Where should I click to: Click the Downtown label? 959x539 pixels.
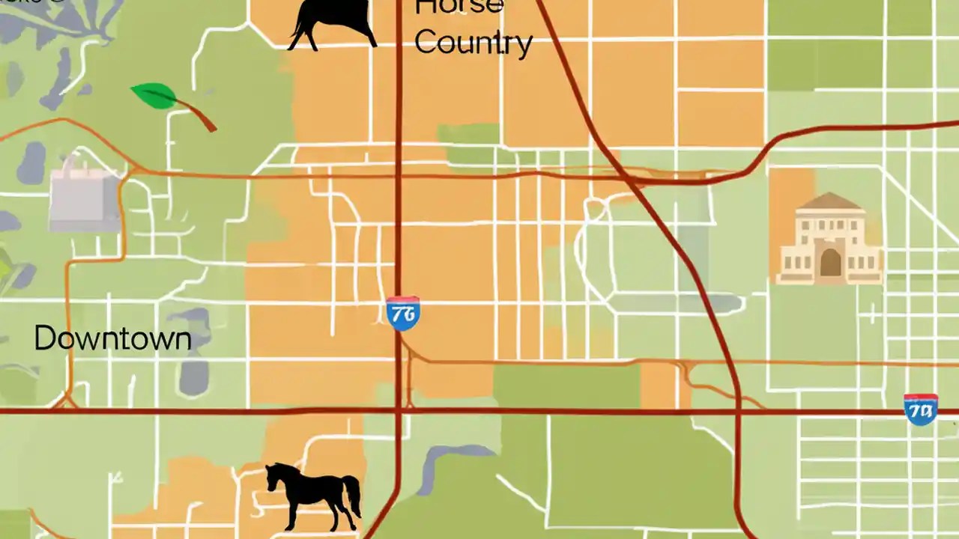tap(112, 339)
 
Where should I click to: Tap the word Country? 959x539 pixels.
tap(473, 43)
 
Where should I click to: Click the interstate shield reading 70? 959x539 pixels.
tap(920, 409)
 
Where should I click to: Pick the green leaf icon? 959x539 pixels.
tap(155, 96)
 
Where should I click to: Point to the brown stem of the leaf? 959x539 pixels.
tap(196, 115)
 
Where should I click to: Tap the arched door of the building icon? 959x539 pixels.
tap(830, 263)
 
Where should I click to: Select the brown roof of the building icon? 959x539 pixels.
tap(829, 201)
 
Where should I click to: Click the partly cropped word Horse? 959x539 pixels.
tap(459, 7)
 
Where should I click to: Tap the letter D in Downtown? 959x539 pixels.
tap(44, 339)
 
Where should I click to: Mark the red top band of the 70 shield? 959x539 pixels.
tap(920, 398)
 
